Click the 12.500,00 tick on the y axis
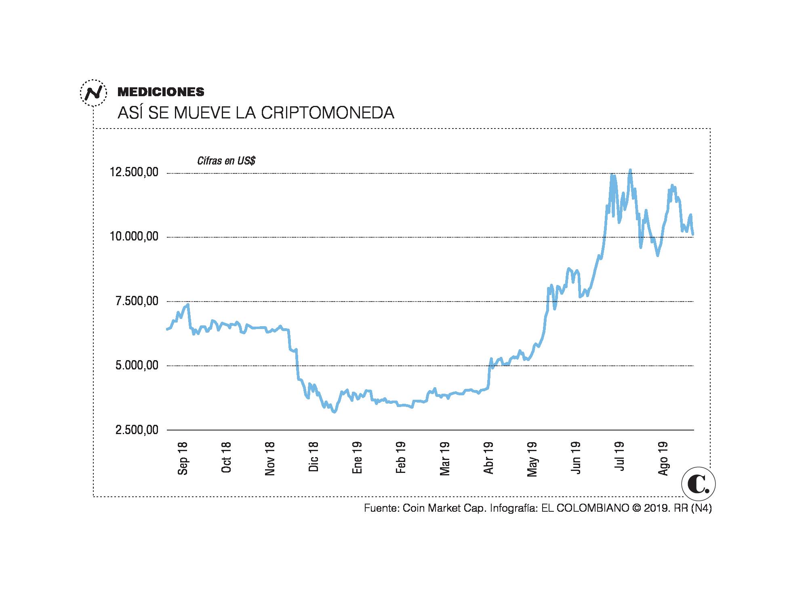click(134, 173)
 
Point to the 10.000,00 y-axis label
click(134, 237)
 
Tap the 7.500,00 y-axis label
click(137, 301)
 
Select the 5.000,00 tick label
click(137, 365)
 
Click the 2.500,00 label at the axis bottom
click(137, 430)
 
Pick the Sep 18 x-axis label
click(183, 458)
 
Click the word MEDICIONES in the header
click(161, 92)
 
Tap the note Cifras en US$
click(226, 161)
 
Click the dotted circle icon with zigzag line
click(93, 93)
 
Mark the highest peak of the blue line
click(630, 170)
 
